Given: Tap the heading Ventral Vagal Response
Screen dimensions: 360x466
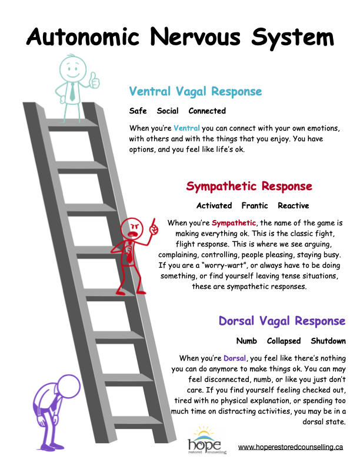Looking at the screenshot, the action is coord(195,92).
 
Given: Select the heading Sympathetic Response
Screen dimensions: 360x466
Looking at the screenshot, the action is coord(249,187).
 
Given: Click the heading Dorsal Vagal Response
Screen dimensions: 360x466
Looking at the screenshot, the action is coord(282,321).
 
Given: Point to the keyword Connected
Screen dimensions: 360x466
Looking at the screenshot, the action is coord(207,111).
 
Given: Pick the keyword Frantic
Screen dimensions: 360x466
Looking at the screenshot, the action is coord(255,206).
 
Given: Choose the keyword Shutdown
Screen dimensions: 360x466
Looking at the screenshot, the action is coord(328,341).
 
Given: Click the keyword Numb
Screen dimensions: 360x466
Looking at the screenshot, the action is coord(246,341).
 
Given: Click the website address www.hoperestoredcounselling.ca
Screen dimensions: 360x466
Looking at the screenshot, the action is coord(291,447).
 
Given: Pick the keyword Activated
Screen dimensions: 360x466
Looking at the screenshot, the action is coord(214,206).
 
